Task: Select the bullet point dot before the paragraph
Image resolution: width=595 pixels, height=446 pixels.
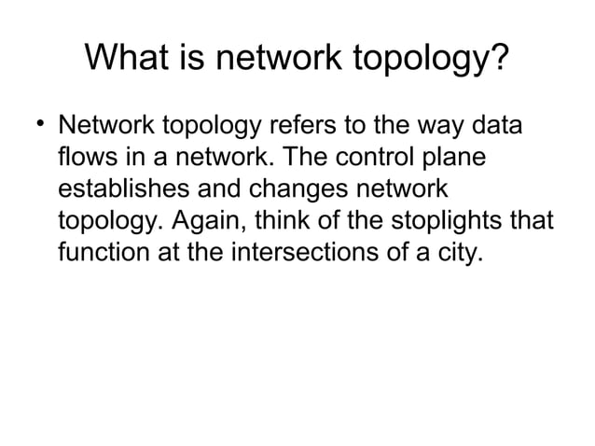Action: point(36,124)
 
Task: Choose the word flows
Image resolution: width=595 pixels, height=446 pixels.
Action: point(91,158)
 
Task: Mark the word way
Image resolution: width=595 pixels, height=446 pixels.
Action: point(429,128)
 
